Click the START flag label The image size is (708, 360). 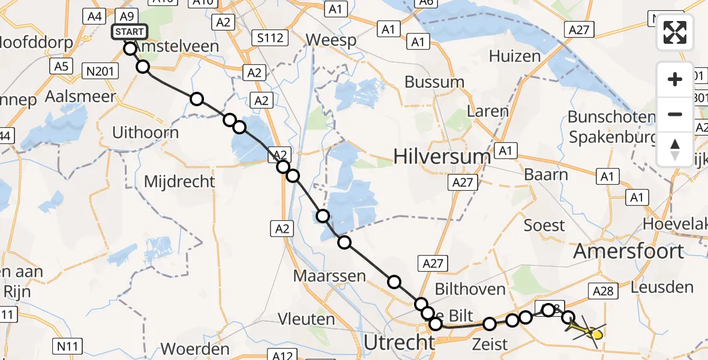point(130,32)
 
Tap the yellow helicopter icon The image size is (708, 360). point(587,331)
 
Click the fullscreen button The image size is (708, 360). point(675,32)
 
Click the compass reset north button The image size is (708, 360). point(675,149)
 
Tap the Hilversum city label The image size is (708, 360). point(442,157)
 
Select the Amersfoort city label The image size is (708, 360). point(629,251)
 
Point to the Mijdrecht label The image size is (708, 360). point(179,181)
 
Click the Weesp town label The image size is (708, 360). point(331,40)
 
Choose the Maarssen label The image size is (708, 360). point(329,276)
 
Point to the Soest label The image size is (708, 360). point(544,226)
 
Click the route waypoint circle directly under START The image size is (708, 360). point(130,49)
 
